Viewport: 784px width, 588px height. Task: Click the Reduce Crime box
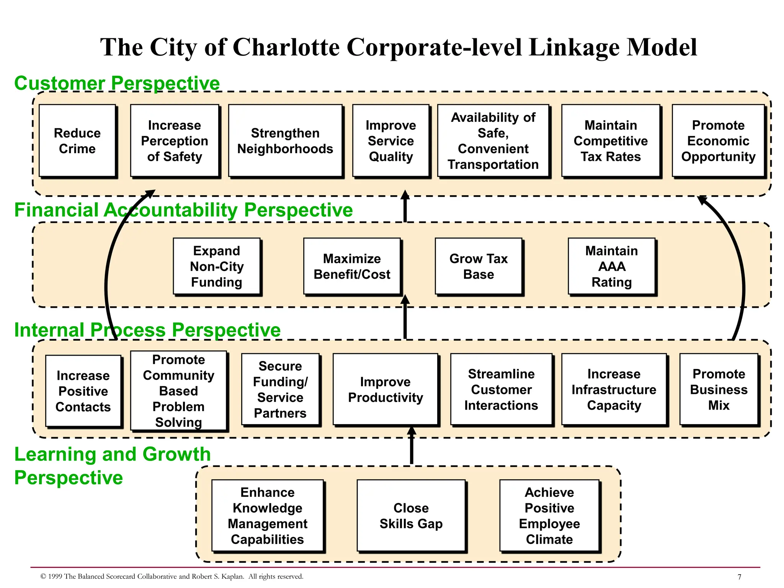point(77,141)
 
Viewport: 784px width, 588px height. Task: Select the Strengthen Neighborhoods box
point(285,141)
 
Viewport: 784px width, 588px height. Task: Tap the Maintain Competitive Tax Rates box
point(611,141)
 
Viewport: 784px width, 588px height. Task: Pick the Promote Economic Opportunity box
point(718,141)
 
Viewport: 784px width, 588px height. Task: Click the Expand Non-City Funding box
point(217,266)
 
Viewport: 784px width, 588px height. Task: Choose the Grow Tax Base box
point(479,266)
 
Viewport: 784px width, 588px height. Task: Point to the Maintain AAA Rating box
point(611,266)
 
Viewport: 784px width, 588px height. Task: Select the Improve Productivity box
point(385,389)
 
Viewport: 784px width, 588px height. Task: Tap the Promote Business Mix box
point(719,389)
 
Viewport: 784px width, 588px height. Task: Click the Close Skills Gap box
point(411,516)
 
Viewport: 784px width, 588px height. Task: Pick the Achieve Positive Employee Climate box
point(549,516)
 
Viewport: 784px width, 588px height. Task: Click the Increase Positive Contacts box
point(83,391)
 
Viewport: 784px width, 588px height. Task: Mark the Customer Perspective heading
point(117,83)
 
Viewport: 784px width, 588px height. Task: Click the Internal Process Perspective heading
point(147,330)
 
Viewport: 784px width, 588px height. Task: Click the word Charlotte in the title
point(286,47)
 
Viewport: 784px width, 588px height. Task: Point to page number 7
point(739,577)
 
